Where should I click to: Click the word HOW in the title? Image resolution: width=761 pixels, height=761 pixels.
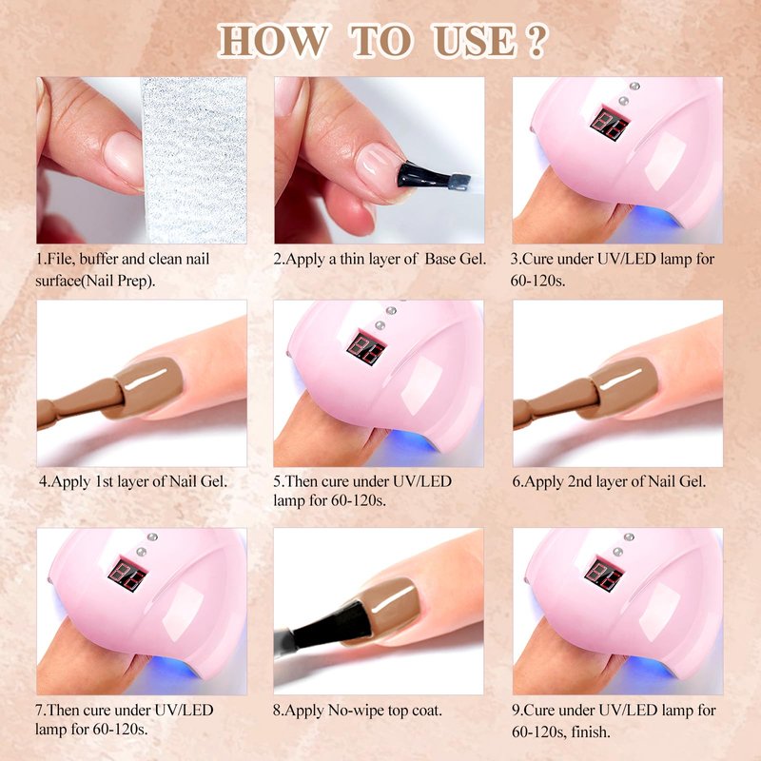(272, 41)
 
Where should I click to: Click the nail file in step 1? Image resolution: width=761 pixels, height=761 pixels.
(194, 160)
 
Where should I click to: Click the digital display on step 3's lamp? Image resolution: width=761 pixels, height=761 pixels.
(610, 125)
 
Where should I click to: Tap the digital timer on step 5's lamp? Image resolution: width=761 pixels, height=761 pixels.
(366, 347)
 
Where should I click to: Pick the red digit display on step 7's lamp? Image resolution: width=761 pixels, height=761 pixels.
(127, 575)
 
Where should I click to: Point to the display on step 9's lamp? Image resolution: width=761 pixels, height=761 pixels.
(604, 575)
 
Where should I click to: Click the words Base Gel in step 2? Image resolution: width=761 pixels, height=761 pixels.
(456, 259)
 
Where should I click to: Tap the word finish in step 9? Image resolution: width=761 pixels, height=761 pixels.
(591, 731)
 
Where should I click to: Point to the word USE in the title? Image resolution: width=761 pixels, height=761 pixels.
(473, 41)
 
